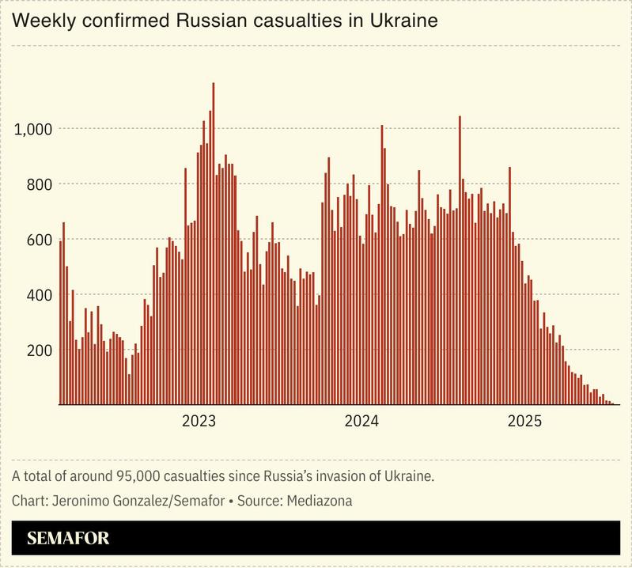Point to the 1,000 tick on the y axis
34,129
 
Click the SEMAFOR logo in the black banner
68,539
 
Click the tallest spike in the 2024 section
460,261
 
